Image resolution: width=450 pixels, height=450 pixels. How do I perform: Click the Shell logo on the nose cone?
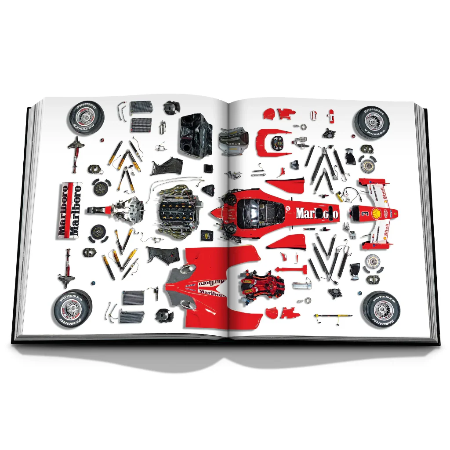coord(376,214)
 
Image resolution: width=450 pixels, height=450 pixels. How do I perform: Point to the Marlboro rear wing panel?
coord(70,210)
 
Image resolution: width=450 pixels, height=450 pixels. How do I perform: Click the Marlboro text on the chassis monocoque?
coord(316,214)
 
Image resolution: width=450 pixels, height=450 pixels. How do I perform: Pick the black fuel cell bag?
coord(196,134)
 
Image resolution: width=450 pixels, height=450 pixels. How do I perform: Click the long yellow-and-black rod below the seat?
coord(333,316)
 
